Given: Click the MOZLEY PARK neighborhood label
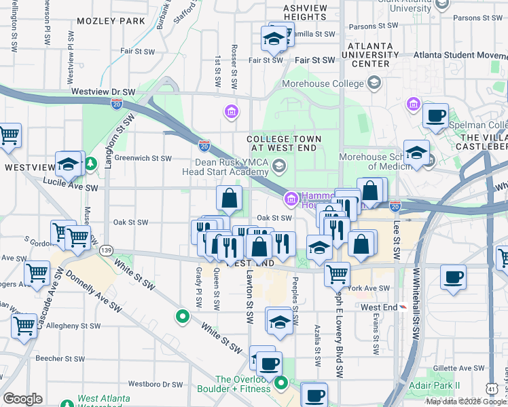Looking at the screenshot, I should pyautogui.click(x=111, y=21).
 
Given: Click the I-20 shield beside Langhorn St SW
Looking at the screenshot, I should pyautogui.click(x=117, y=104).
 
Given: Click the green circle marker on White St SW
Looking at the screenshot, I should pyautogui.click(x=182, y=315).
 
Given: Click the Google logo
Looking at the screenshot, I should pyautogui.click(x=22, y=399).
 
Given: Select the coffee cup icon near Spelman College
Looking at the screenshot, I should pyautogui.click(x=435, y=115).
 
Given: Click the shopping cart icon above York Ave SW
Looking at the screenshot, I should pyautogui.click(x=337, y=274).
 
